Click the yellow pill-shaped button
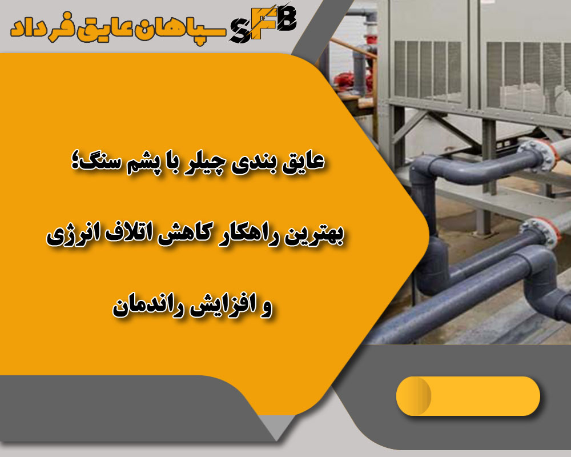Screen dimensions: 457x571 click(468, 396)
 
